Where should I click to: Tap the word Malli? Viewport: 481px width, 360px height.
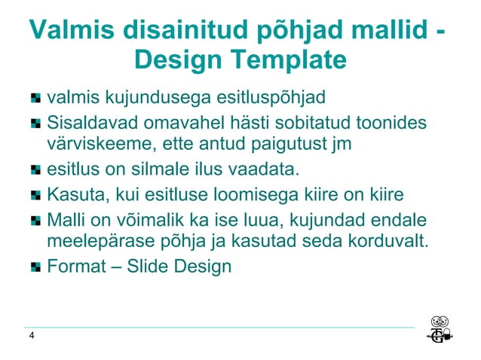(x=65, y=221)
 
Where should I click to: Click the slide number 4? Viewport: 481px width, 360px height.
(x=31, y=336)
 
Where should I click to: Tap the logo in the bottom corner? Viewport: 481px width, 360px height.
(x=440, y=330)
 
